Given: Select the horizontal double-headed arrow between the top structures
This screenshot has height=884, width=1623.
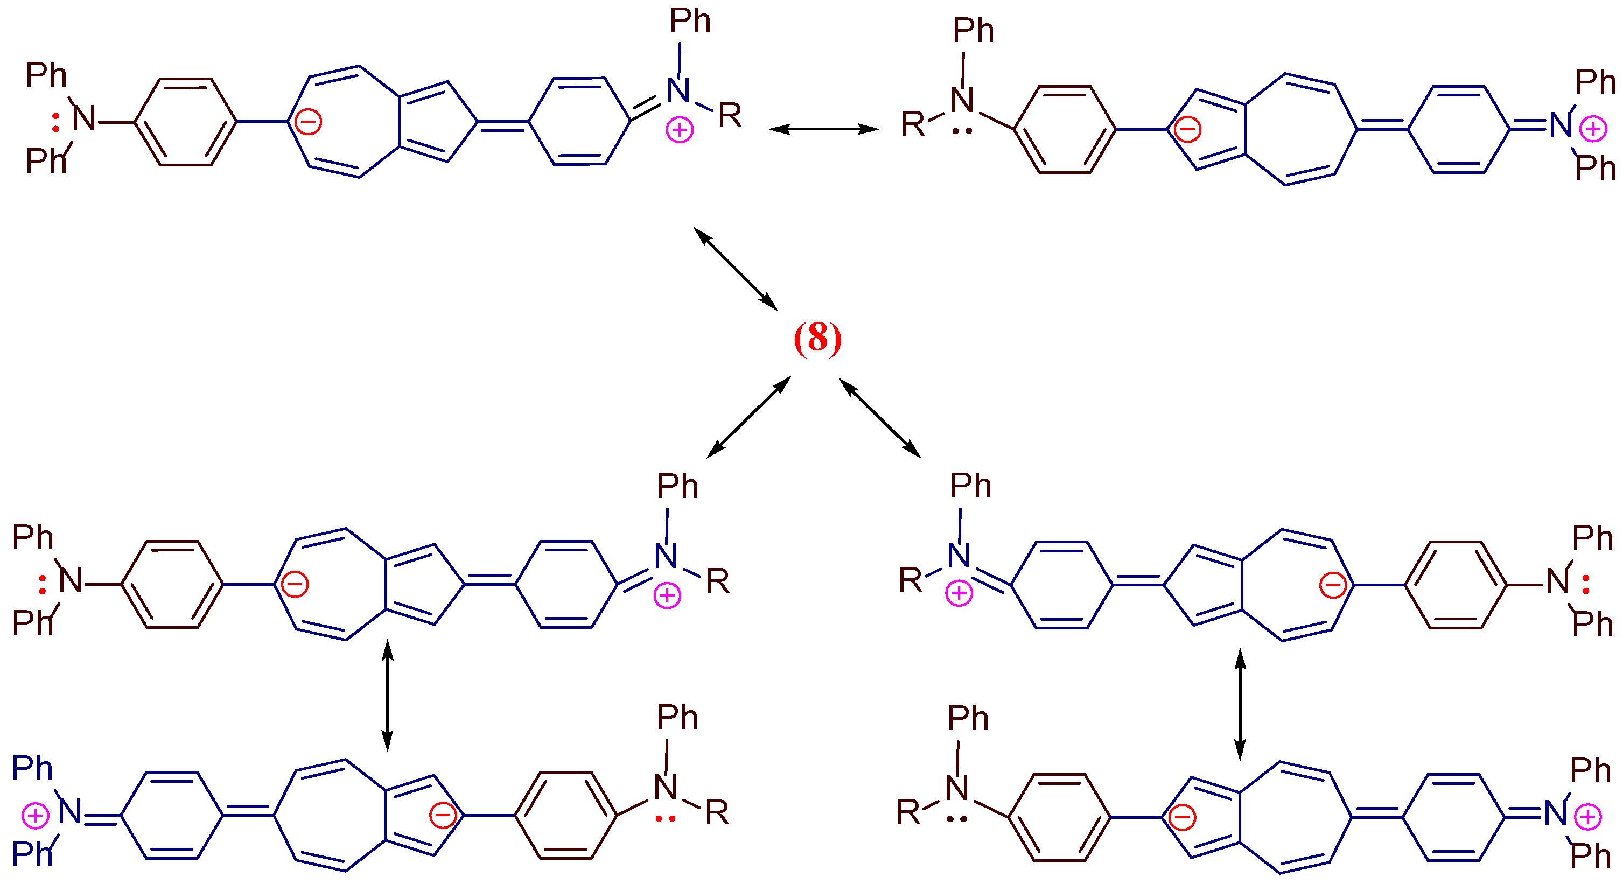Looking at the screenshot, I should tap(823, 129).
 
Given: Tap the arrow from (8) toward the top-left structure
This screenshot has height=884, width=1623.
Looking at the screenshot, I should tap(735, 269).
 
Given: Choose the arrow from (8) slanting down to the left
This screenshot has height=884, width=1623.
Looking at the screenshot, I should tap(748, 417).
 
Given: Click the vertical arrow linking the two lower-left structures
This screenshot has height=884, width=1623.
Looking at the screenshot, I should tap(388, 696).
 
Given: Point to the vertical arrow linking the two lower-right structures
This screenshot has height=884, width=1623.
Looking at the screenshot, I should tap(1240, 704).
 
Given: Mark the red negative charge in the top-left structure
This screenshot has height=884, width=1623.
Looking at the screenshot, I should tap(309, 122).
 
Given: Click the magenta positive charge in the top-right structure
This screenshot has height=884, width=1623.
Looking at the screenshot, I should tap(1593, 130).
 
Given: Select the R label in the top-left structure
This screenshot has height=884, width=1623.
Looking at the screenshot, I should tap(730, 116).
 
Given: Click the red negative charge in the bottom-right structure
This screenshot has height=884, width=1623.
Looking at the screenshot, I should tap(1182, 818).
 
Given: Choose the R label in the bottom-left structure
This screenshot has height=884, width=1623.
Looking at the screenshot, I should tap(717, 813).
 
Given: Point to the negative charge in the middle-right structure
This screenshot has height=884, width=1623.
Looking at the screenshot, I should tap(1333, 586).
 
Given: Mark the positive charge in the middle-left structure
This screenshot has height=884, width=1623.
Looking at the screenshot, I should tap(667, 595).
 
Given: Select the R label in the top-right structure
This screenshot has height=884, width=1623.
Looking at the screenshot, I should tap(913, 124).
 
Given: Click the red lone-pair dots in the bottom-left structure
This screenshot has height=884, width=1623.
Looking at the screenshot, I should tap(666, 819).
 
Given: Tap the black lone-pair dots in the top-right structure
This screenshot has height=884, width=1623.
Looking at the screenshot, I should tap(962, 131).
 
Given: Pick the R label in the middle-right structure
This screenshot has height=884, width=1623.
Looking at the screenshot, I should tap(911, 580).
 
